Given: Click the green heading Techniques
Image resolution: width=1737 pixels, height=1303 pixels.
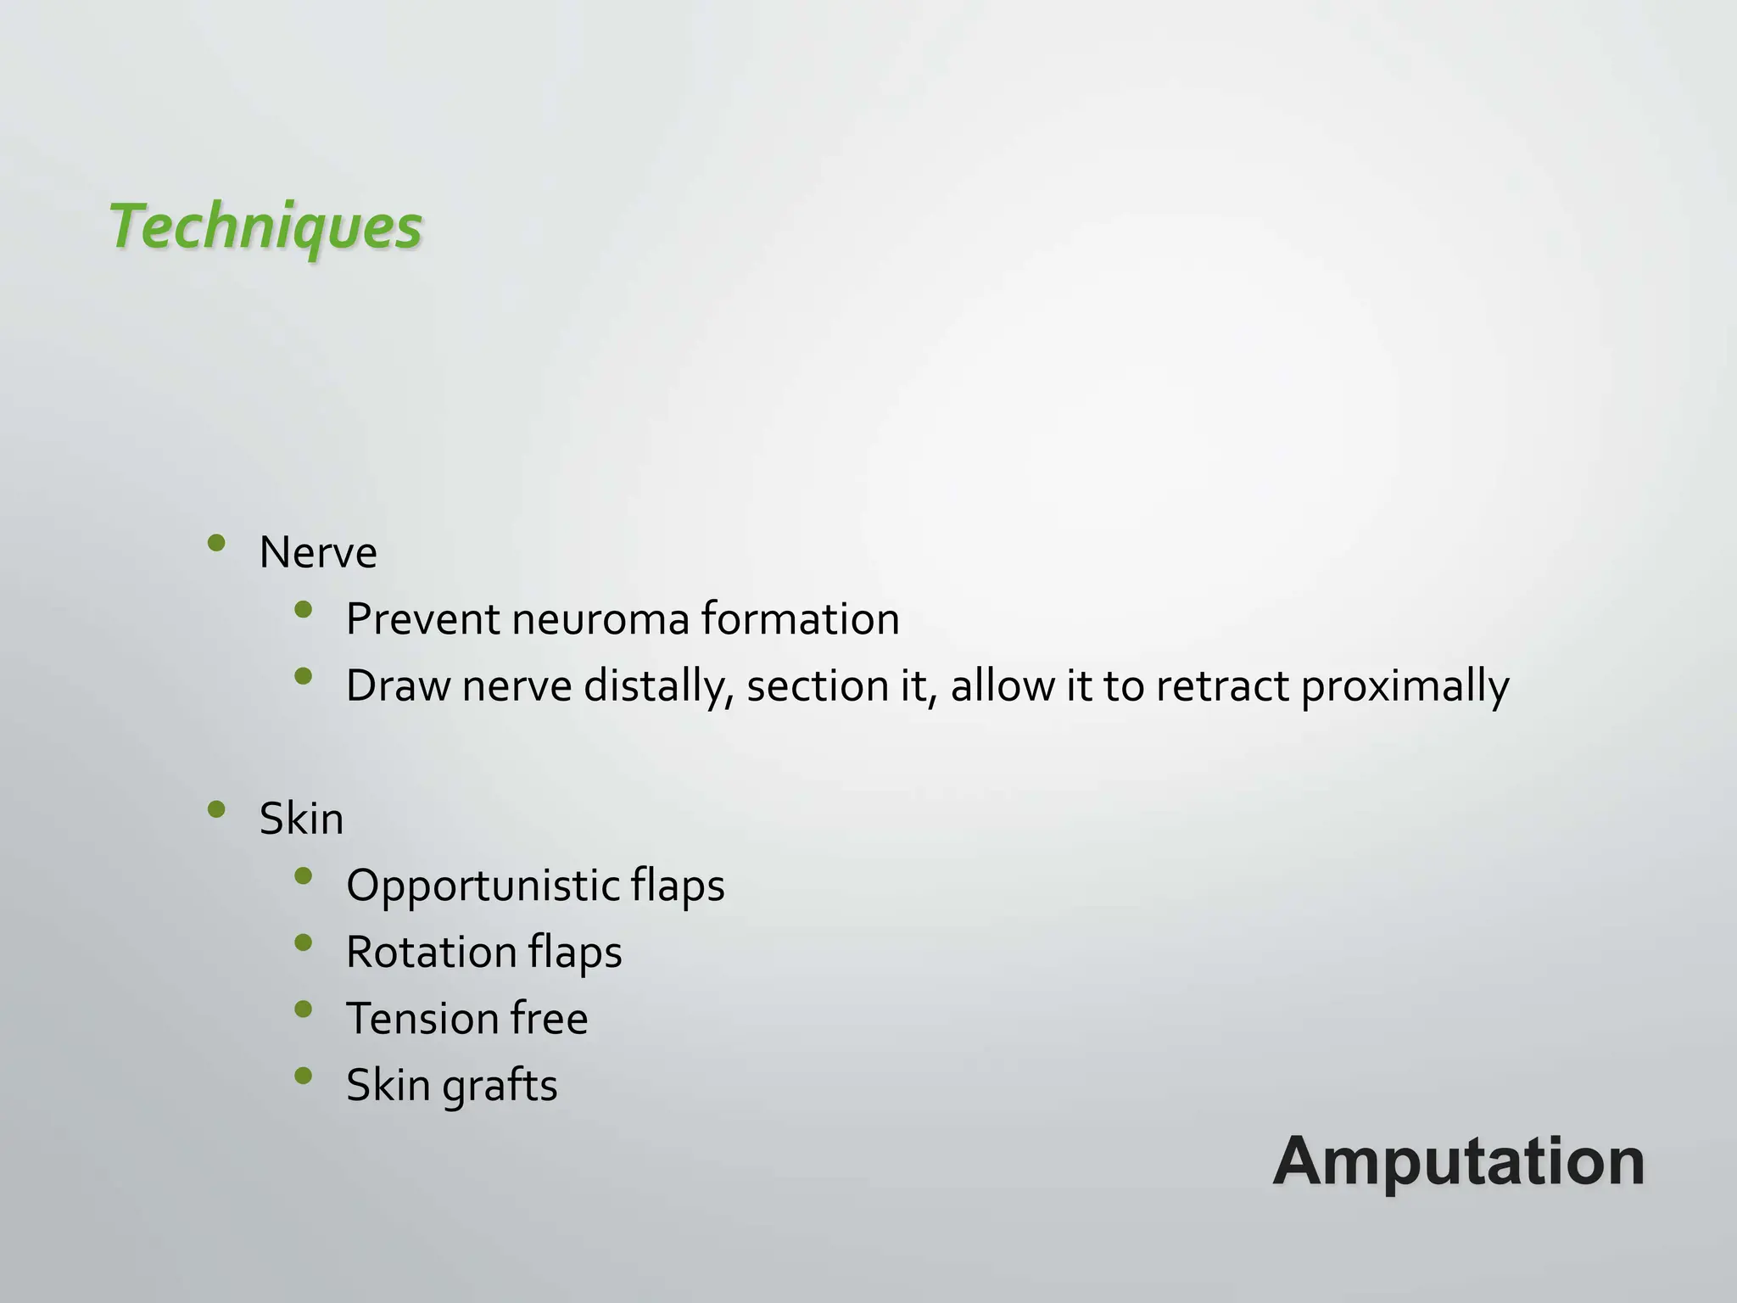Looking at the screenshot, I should click(265, 226).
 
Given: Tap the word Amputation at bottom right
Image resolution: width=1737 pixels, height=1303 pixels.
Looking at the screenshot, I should click(1458, 1161).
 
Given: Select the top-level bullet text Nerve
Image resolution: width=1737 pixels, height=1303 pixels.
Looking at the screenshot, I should click(318, 553).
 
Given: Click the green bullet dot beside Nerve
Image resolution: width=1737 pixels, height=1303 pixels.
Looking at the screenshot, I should click(216, 543).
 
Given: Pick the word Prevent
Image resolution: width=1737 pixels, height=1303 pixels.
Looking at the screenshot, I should click(422, 619).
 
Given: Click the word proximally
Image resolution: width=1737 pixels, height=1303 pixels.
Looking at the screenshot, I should click(1405, 686).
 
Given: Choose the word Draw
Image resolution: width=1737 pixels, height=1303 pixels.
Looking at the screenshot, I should click(397, 686).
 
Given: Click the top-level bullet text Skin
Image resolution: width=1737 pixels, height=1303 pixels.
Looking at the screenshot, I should click(301, 819).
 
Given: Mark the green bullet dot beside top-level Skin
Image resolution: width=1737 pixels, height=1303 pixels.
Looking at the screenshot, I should click(216, 809).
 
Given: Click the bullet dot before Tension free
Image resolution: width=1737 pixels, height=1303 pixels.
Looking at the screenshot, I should click(303, 1009).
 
